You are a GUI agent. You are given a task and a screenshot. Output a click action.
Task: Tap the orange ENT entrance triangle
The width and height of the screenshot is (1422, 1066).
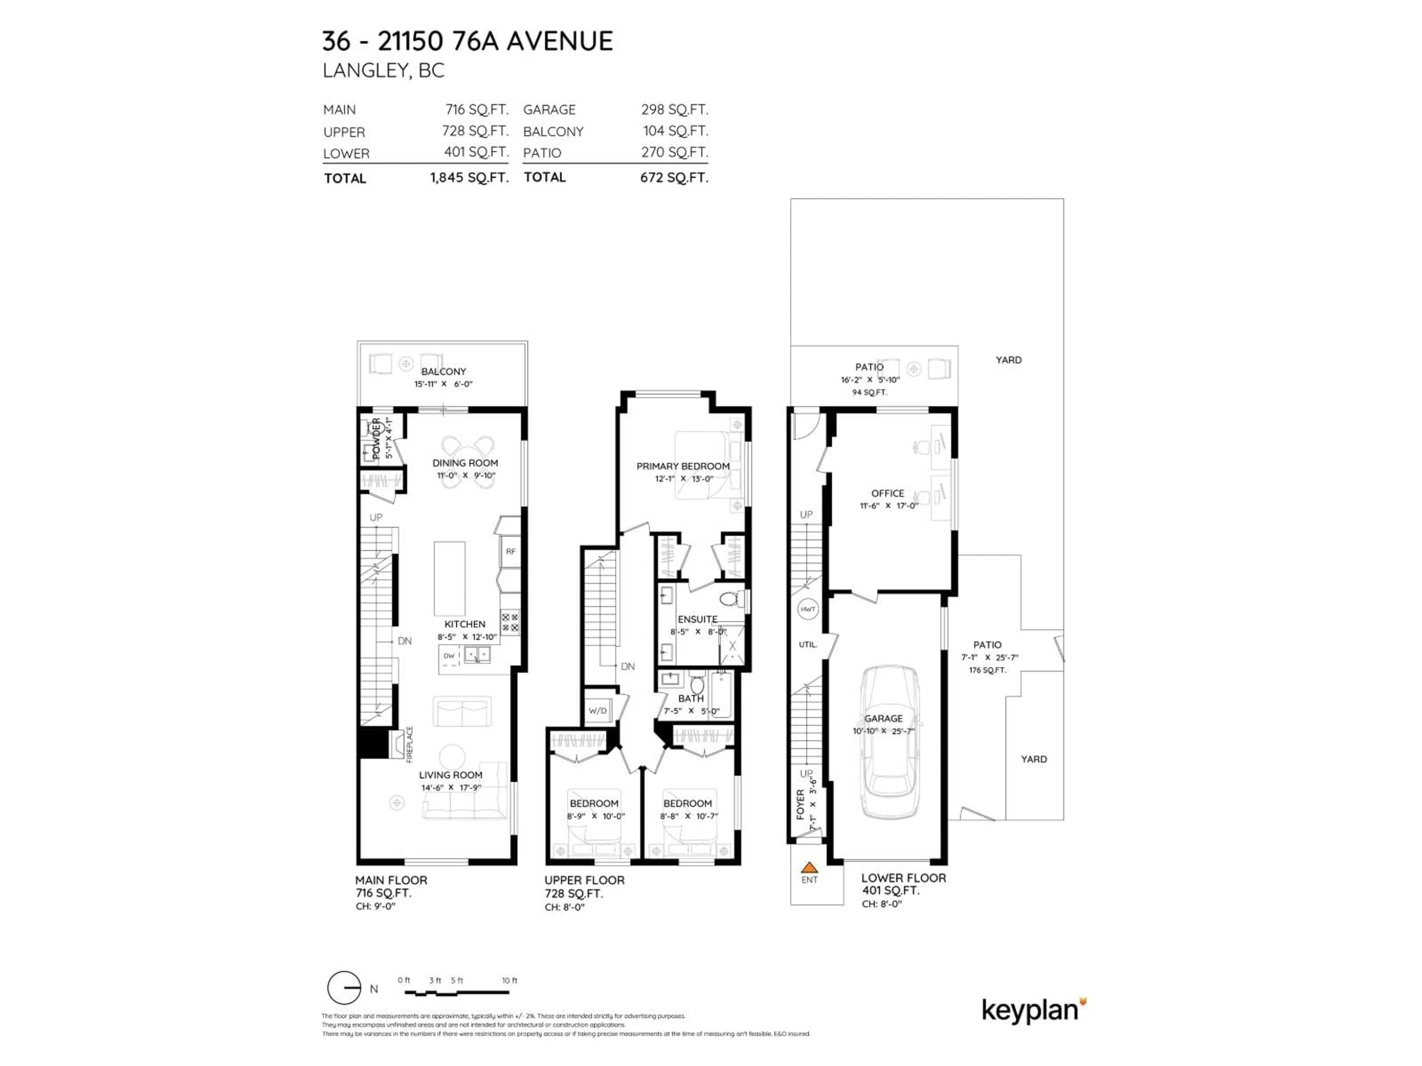coord(810,868)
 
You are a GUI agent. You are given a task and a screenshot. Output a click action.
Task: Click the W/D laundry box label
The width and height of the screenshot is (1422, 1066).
coord(597,711)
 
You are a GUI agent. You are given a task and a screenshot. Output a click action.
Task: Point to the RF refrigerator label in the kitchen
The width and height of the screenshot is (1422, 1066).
coord(510,551)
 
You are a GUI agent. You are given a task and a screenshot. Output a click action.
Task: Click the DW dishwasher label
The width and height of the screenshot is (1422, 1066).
coord(449,656)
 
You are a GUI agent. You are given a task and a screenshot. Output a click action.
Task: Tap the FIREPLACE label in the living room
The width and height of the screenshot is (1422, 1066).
coord(410,744)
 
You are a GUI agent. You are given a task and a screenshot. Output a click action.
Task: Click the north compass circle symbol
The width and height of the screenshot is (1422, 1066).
coord(344,988)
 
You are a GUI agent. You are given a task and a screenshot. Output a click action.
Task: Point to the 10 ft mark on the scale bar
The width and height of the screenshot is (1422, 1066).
coord(509,980)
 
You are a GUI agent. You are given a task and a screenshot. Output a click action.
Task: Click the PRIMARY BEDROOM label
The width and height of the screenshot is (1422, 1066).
coord(683,466)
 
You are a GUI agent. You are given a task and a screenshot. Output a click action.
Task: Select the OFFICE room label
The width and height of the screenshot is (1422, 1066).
coord(887,493)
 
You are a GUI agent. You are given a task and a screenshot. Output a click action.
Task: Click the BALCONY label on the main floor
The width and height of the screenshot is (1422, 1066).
coord(444,371)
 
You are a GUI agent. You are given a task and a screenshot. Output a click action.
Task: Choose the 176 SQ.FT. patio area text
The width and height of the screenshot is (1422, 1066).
coord(987,670)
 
